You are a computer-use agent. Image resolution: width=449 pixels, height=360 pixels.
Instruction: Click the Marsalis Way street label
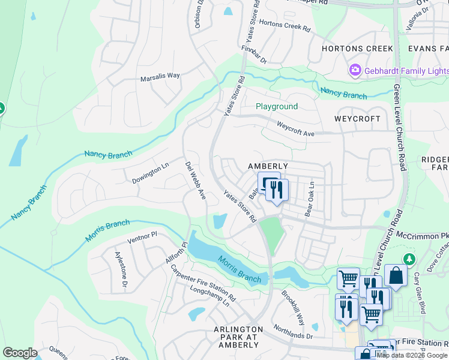(160, 76)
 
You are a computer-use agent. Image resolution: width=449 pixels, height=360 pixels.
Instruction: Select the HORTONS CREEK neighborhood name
(357, 49)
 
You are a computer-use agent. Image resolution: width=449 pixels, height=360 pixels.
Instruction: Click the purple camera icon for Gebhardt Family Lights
(355, 71)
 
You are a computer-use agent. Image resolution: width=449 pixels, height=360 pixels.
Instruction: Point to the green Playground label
(277, 106)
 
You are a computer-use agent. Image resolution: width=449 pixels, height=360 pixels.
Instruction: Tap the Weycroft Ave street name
(295, 128)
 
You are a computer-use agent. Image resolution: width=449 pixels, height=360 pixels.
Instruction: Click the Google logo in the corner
(20, 353)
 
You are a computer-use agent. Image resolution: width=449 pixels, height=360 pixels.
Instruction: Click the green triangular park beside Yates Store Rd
(272, 234)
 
